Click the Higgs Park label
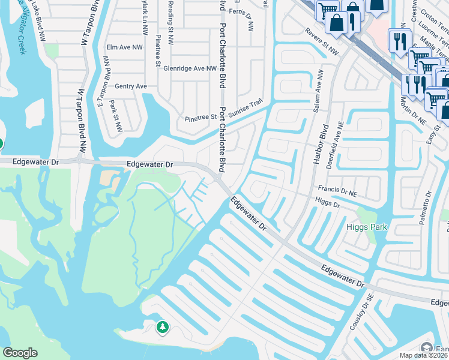pos(366,227)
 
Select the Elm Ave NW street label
pos(124,47)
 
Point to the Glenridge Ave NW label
pos(190,68)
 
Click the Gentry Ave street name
pos(131,86)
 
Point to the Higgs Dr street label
pos(327,204)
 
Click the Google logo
pos(20,353)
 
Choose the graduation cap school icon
pos(427,349)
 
